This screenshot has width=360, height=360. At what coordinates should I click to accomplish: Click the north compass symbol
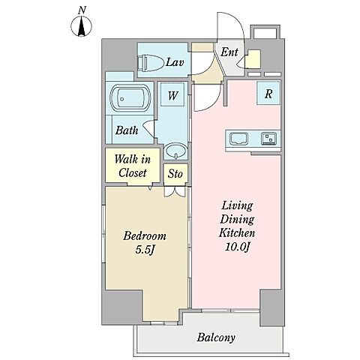(x=81, y=25)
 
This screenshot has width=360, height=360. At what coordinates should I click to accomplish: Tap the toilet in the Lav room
(x=151, y=61)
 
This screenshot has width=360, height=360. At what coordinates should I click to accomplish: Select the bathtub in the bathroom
(x=130, y=98)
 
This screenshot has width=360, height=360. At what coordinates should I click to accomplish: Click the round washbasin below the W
(x=176, y=151)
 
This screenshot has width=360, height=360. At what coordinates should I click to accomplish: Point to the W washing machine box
(x=172, y=94)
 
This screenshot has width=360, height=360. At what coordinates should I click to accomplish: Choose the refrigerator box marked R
(x=268, y=93)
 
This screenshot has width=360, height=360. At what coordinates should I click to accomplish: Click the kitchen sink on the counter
(x=239, y=139)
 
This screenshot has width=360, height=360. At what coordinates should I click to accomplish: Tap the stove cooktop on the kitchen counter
(x=269, y=139)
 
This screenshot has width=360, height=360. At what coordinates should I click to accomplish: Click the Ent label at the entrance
(x=229, y=52)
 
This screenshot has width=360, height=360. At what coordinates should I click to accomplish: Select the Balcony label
(x=216, y=337)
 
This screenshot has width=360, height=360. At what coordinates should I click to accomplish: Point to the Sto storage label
(x=175, y=173)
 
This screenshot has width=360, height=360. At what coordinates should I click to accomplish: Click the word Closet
(x=133, y=172)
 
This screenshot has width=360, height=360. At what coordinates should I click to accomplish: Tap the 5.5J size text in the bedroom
(x=145, y=250)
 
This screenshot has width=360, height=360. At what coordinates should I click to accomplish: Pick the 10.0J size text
(x=238, y=247)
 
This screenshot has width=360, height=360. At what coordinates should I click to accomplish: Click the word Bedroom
(x=145, y=236)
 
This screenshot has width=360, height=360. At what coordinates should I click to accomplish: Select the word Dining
(x=237, y=219)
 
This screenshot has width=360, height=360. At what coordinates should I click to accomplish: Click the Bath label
(x=127, y=130)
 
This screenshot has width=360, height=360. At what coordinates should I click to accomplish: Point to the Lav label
(x=175, y=62)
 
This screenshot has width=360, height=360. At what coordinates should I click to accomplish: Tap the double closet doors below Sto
(x=175, y=192)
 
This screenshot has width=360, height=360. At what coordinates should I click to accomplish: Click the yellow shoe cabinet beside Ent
(x=253, y=59)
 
